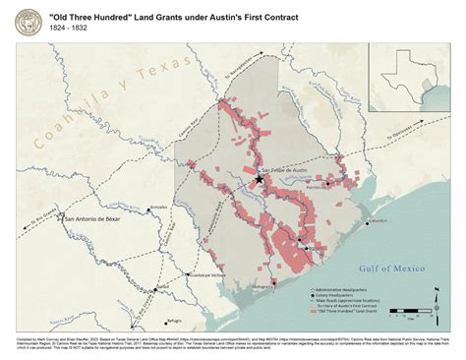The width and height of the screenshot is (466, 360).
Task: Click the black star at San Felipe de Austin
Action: (x=260, y=180)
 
